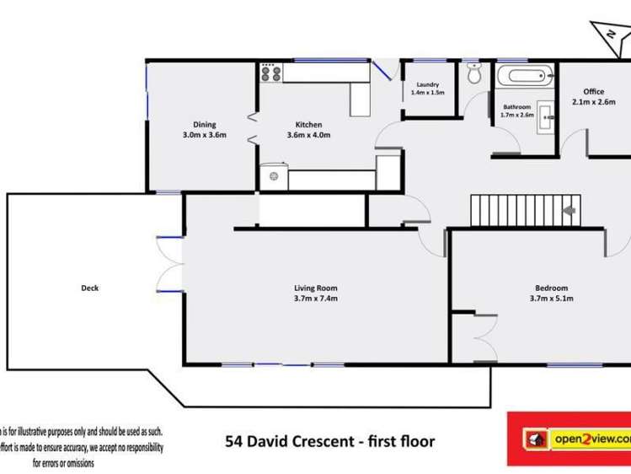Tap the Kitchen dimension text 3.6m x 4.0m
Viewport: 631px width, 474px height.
pos(309,135)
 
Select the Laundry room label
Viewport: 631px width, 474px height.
pos(428,84)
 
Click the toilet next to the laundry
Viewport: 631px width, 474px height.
pos(474,75)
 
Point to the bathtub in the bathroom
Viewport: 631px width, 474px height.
pos(526,77)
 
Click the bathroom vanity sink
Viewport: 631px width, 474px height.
pos(543,114)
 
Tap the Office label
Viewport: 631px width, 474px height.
pos(594,92)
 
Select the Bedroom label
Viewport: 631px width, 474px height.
pos(551,288)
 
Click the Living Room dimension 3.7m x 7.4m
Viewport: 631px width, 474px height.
pos(316,298)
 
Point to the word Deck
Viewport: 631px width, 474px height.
pos(89,288)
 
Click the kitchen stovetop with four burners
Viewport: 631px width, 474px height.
pos(271,73)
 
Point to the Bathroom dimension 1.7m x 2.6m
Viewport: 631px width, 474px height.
pos(517,115)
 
